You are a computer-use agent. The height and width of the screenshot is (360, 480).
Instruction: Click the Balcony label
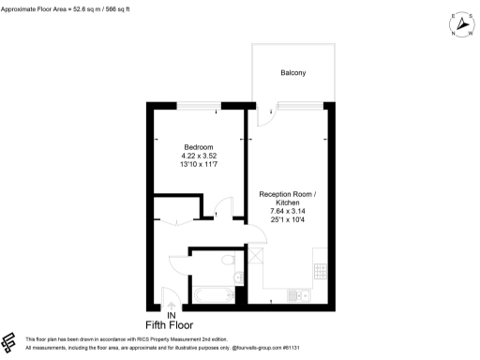click(x=292, y=72)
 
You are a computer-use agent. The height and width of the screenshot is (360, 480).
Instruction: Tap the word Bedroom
click(x=199, y=147)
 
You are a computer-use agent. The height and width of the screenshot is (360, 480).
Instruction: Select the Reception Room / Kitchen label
click(x=288, y=199)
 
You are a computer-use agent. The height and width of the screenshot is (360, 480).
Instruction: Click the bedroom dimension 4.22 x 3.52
click(x=199, y=157)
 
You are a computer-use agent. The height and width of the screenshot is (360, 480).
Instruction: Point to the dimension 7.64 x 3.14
click(x=288, y=213)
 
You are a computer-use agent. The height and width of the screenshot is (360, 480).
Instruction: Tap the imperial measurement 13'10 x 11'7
click(x=199, y=166)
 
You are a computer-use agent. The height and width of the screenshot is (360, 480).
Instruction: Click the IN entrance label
click(x=172, y=314)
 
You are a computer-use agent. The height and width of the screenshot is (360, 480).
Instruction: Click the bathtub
click(x=214, y=295)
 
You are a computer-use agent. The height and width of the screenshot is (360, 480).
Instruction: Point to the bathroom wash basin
click(x=238, y=277)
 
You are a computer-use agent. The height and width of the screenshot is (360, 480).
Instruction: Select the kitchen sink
click(x=302, y=295)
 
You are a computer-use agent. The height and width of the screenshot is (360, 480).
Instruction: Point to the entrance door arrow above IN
click(x=170, y=302)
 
